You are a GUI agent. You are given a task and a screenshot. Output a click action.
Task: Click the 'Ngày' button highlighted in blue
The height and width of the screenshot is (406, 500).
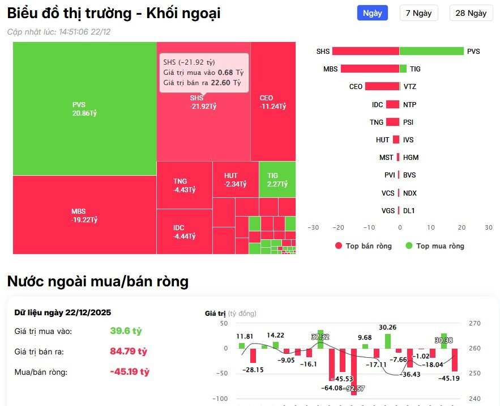point(372,13)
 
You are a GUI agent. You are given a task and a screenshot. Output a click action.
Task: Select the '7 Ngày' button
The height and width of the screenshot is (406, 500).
point(418,13)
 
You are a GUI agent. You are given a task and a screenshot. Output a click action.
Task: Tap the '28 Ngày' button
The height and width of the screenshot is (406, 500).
point(471,13)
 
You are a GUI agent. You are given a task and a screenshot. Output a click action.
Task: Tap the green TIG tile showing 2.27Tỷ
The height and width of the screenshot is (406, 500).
point(277,180)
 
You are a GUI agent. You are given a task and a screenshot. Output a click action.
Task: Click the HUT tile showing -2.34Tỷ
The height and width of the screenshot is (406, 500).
point(235,180)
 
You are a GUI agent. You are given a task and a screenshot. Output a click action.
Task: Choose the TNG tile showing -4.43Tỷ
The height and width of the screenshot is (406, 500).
point(184,185)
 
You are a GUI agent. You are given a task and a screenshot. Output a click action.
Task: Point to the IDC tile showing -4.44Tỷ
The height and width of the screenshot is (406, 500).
point(184,231)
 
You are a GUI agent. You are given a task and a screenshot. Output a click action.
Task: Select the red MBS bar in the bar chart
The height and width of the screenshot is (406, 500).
point(369,69)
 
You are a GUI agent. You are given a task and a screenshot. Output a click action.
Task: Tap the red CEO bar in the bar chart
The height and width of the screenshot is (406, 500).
point(382,87)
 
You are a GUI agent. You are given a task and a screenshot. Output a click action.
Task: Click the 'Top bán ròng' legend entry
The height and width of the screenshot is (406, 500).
point(363,246)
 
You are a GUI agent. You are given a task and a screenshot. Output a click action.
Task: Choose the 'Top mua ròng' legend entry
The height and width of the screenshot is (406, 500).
point(434,246)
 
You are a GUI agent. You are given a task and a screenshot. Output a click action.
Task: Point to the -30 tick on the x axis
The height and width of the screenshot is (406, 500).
point(313,227)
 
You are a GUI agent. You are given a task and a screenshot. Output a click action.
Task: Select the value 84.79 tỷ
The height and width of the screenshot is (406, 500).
point(128,352)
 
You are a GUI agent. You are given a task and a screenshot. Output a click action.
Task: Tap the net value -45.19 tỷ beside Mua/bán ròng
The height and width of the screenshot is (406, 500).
point(129,372)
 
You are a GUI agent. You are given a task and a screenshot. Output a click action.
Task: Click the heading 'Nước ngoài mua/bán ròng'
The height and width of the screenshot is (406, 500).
point(97,281)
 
